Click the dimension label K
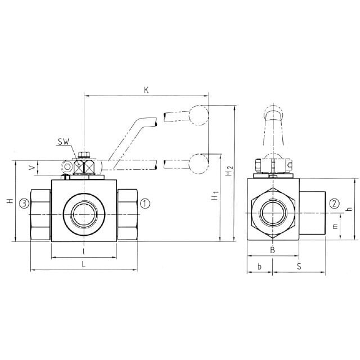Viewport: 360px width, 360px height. pos(146,90)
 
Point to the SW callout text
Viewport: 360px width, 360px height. pos(64,142)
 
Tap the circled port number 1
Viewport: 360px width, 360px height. pos(145,204)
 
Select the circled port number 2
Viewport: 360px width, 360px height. pos(334,204)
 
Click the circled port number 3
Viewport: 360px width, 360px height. pos(24,204)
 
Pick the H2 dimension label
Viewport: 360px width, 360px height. pos(229,170)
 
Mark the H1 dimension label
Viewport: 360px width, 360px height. pos(215,195)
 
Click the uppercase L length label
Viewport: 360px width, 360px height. pos(84,264)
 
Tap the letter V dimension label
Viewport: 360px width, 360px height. pos(32,168)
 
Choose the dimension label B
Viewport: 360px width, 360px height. pos(272,250)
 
